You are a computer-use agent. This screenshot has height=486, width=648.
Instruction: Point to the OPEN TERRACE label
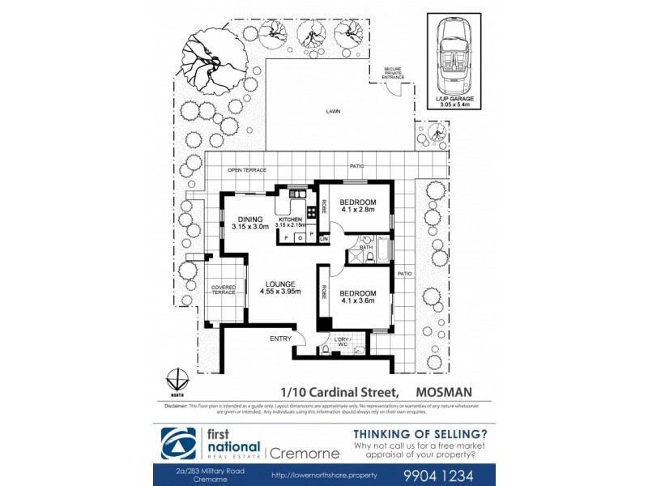246,170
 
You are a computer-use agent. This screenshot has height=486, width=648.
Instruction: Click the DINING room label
250,219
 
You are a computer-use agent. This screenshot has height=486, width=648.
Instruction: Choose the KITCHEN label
290,219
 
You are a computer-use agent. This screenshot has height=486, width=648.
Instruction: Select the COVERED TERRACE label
224,290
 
